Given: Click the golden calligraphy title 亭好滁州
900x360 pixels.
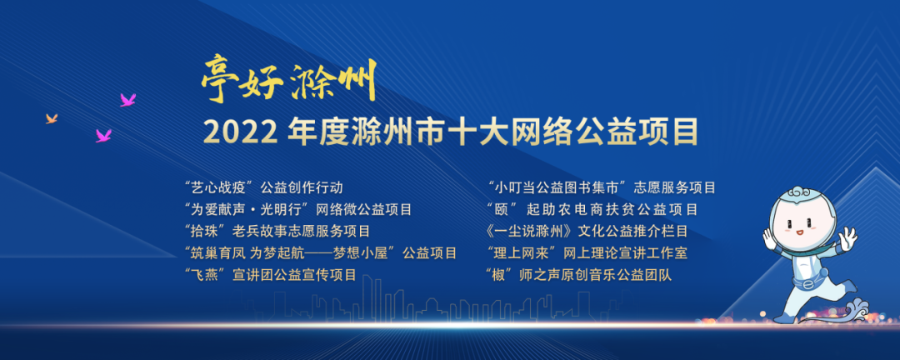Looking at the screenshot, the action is [288, 81].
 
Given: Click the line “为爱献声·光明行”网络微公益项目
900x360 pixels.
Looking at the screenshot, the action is [297, 209].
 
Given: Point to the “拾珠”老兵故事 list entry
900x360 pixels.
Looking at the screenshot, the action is [277, 232].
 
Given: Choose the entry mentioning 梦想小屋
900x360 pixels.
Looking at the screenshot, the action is [321, 252].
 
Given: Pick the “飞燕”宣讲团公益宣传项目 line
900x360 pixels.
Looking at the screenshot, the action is [270, 275].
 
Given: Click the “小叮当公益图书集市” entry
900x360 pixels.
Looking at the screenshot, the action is [601, 187].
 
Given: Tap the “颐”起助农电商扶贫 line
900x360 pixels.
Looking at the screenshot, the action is [592, 209].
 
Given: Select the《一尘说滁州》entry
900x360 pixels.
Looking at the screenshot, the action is [586, 232].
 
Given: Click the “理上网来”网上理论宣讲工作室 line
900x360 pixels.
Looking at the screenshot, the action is [586, 252].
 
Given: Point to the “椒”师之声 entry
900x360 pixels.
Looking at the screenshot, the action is [578, 275].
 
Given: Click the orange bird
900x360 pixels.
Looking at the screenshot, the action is [52, 118].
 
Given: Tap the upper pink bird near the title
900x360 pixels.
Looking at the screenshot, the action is [128, 100].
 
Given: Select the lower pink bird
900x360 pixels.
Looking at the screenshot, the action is [104, 136].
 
